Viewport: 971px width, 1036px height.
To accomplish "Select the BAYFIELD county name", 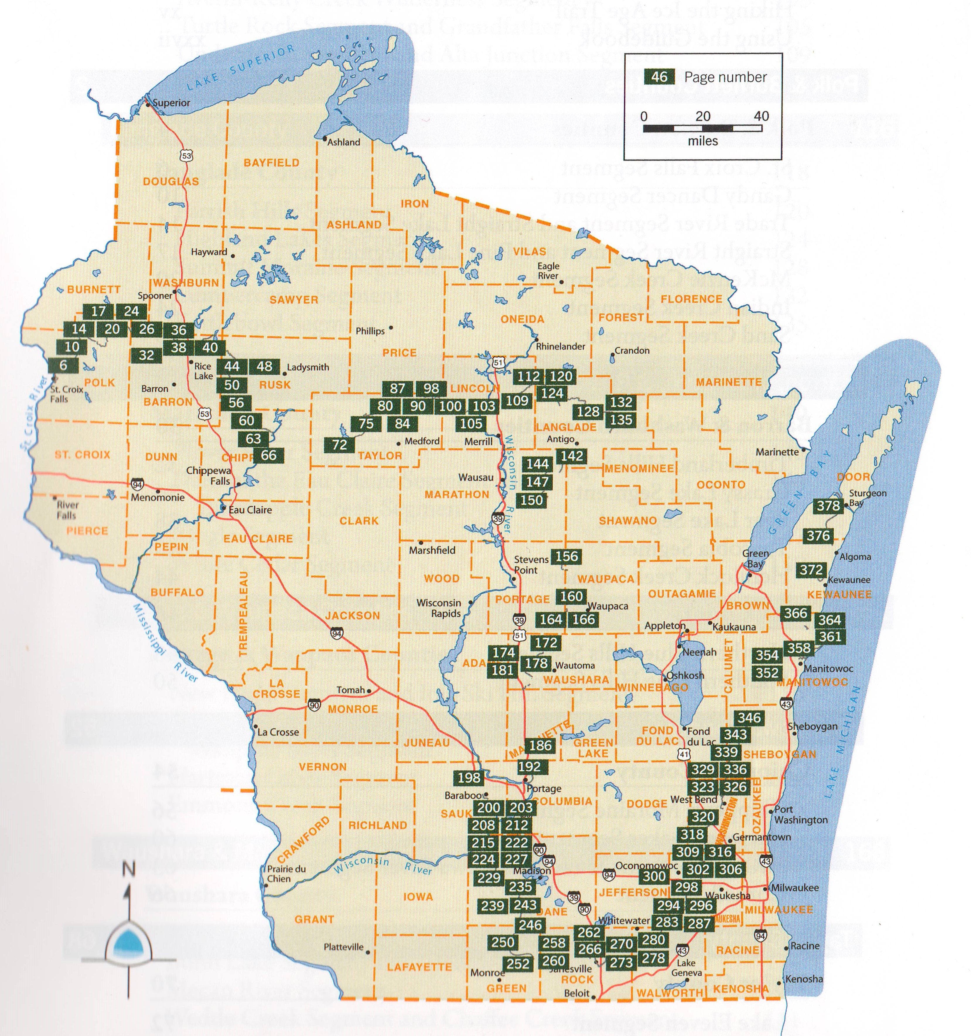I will [x=272, y=163].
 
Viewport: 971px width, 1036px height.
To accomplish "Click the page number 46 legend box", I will [x=659, y=77].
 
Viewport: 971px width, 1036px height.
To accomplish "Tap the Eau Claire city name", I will [x=250, y=510].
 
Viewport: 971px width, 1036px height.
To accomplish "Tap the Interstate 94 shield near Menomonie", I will [x=137, y=484].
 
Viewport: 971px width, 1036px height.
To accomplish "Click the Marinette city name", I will [x=777, y=452].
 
